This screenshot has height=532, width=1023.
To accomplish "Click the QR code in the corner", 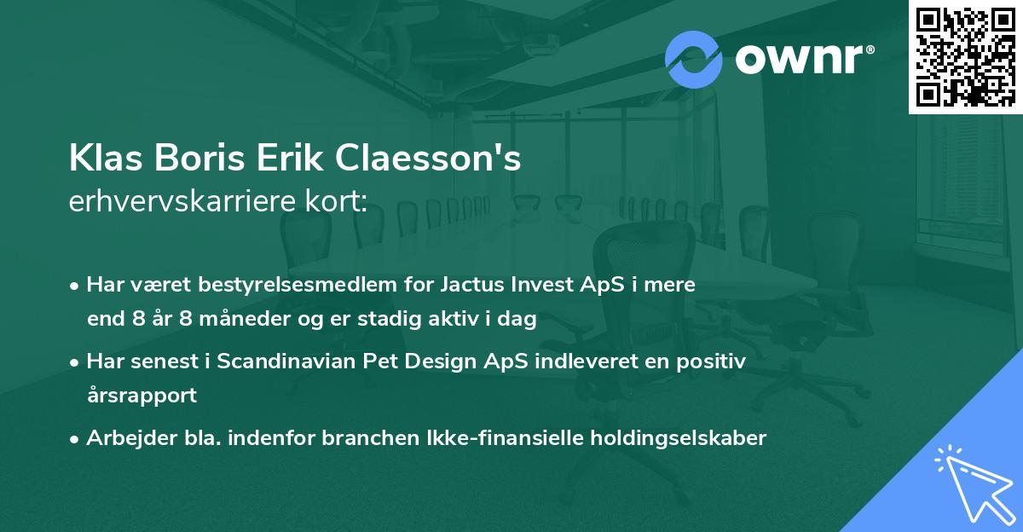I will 966,56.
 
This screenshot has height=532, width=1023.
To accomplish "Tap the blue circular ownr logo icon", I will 693,59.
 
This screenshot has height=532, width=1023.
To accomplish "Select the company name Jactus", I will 471,285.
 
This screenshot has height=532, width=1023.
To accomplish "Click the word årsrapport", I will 142,396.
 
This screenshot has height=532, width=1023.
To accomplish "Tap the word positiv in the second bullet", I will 713,361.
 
